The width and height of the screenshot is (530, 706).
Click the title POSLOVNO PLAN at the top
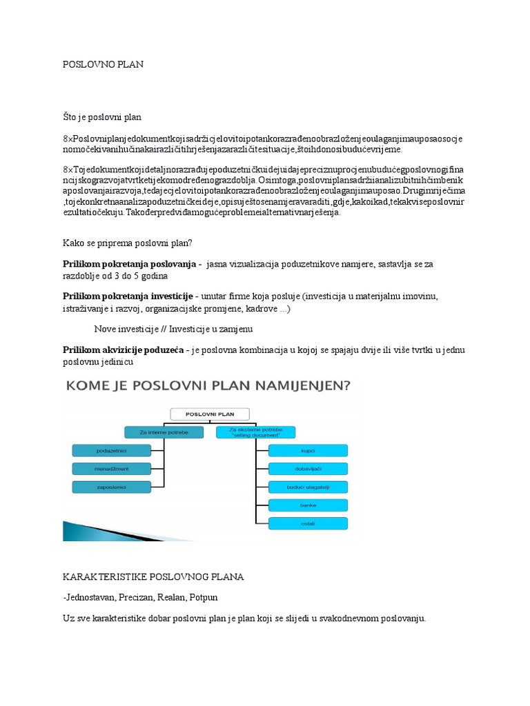click(103, 64)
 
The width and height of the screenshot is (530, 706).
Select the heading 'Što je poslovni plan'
click(102, 117)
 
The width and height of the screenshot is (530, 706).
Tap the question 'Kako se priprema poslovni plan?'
click(127, 243)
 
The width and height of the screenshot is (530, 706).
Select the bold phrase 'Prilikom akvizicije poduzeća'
click(123, 350)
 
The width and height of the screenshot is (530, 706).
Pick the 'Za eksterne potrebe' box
click(255, 432)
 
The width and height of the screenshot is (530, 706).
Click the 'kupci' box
click(308, 451)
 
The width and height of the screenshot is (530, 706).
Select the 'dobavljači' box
click(308, 469)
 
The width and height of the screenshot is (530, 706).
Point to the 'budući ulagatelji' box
click(308, 487)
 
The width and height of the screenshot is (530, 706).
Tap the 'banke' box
click(308, 505)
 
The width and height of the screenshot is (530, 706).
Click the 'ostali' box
click(308, 523)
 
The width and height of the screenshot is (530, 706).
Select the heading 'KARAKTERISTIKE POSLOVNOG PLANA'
click(153, 576)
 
